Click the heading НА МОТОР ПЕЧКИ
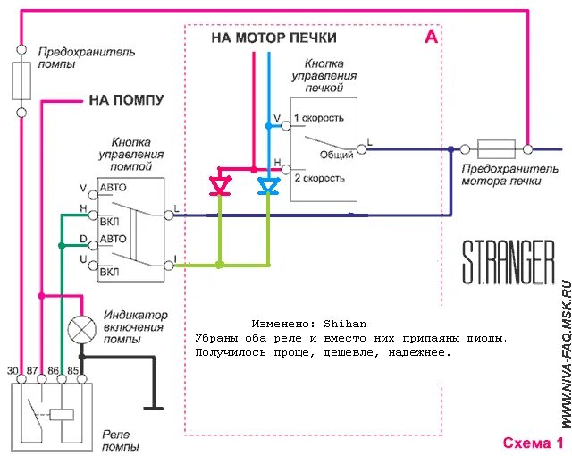(273, 38)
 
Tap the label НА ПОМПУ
(126, 100)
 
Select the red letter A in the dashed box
(431, 37)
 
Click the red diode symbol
(219, 186)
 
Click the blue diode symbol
(268, 186)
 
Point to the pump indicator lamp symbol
(83, 328)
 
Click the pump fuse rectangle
(21, 81)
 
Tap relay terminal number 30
(13, 369)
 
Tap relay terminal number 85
(75, 369)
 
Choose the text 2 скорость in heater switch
(318, 178)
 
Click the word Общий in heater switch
(337, 155)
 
